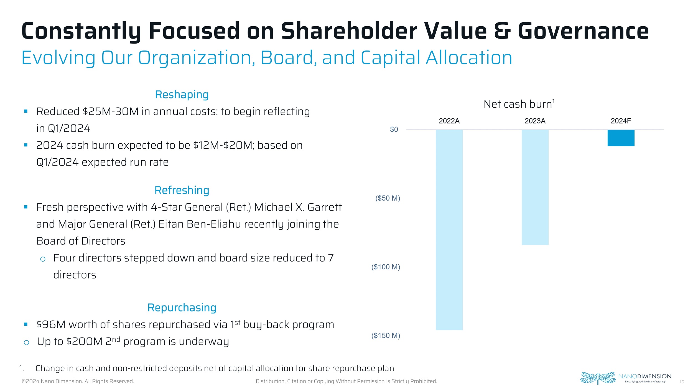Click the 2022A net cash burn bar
[x=449, y=230]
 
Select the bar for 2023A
[x=535, y=187]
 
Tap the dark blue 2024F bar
[x=621, y=138]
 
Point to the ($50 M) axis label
[x=388, y=198]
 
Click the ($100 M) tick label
[x=386, y=267]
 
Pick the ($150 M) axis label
[x=386, y=336]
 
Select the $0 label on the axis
[x=394, y=130]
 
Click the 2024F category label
[x=621, y=121]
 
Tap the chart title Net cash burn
[x=518, y=104]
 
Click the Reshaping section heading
[x=182, y=95]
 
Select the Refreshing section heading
[x=182, y=190]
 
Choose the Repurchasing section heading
[x=182, y=308]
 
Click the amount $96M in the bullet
[x=51, y=325]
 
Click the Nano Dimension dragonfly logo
[x=598, y=378]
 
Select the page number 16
[x=682, y=382]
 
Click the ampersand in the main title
[x=502, y=31]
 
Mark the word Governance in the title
[x=583, y=31]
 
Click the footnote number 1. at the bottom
[x=22, y=368]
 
